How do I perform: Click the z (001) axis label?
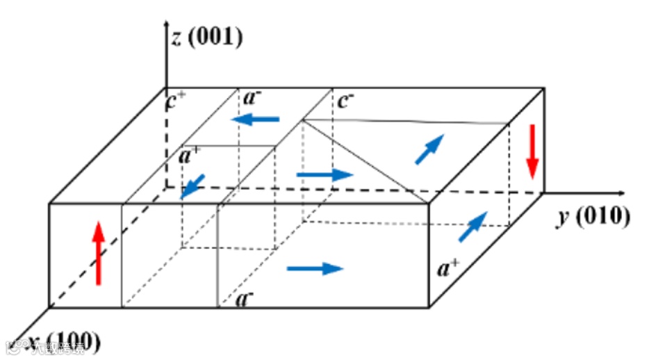[208, 36]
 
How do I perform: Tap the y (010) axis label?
[593, 217]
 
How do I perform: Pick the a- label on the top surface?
[251, 98]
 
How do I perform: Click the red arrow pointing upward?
[99, 253]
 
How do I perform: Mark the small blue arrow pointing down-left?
[192, 186]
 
